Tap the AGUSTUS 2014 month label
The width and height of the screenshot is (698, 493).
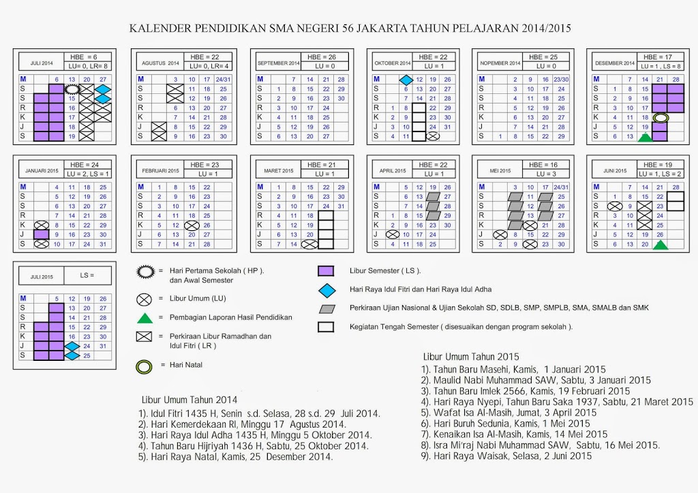pyautogui.click(x=160, y=63)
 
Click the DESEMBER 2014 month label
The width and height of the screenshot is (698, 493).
pyautogui.click(x=614, y=63)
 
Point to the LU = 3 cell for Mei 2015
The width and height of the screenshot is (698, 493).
pyautogui.click(x=545, y=174)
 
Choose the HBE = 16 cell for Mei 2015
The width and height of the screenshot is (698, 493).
pyautogui.click(x=545, y=165)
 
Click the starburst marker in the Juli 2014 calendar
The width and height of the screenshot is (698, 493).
pyautogui.click(x=72, y=89)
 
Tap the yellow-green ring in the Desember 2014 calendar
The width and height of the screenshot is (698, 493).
pyautogui.click(x=659, y=118)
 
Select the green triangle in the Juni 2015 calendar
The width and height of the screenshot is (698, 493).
pyautogui.click(x=659, y=244)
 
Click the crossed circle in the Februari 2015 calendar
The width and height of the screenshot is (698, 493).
pyautogui.click(x=191, y=225)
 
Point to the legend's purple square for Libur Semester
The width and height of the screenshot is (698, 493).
pyautogui.click(x=326, y=271)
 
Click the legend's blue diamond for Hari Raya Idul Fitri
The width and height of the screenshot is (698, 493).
pyautogui.click(x=326, y=290)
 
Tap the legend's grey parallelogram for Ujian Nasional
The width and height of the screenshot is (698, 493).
pyautogui.click(x=326, y=308)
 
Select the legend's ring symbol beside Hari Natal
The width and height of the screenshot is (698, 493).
pyautogui.click(x=145, y=365)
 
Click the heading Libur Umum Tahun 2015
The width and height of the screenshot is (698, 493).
pyautogui.click(x=471, y=356)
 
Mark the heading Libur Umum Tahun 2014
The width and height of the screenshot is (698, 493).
pyautogui.click(x=189, y=400)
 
